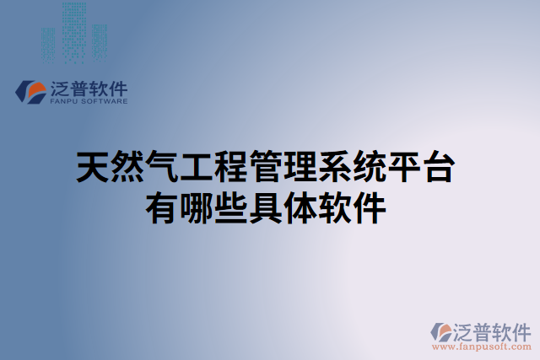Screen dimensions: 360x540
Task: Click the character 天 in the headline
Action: tap(92, 169)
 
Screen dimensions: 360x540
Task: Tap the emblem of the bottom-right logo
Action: tap(441, 330)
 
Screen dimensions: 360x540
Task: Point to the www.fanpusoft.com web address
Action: tap(480, 347)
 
